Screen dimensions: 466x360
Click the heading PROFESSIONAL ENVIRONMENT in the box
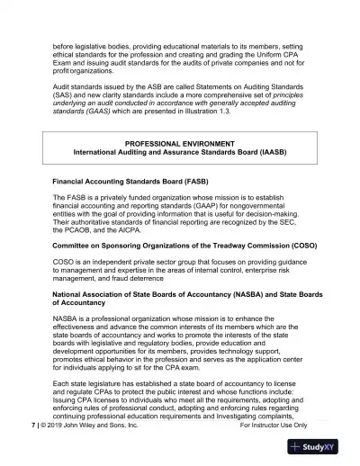179,144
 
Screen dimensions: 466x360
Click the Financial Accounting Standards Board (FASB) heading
130,182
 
